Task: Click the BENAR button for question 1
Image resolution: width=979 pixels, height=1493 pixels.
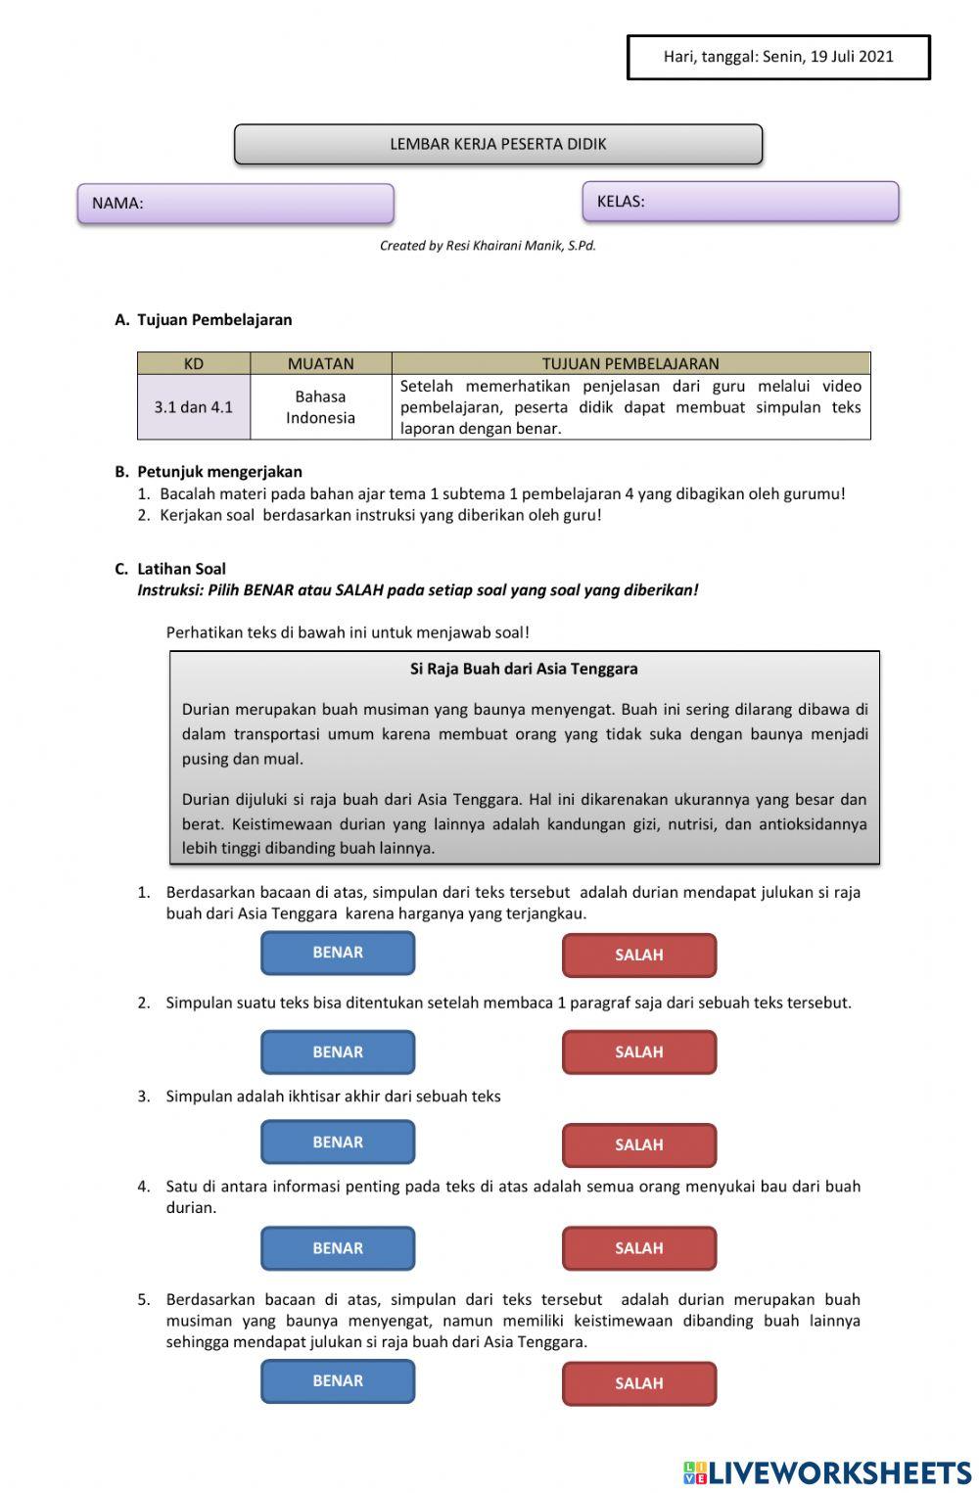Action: point(338,953)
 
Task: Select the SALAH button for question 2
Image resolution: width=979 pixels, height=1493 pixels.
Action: point(638,1052)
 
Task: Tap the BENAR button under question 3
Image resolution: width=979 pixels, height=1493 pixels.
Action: point(338,1143)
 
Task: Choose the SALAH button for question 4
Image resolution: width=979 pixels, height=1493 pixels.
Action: point(638,1248)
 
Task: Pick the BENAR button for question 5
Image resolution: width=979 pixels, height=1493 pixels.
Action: point(338,1381)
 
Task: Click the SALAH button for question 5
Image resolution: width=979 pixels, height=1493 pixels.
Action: point(638,1383)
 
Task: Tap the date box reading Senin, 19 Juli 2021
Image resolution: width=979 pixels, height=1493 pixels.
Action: point(778,57)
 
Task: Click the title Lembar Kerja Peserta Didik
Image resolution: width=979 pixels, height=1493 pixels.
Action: point(498,144)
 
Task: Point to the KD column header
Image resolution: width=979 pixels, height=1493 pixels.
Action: point(194,363)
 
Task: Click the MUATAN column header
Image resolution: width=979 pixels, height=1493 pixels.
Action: point(320,363)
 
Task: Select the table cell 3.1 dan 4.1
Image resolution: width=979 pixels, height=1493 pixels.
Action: point(194,407)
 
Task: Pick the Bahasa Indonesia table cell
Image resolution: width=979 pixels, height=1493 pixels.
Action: point(320,407)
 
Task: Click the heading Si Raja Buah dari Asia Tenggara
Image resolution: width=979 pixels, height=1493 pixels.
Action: point(524,669)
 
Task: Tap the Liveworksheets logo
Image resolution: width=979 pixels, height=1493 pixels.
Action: point(827,1472)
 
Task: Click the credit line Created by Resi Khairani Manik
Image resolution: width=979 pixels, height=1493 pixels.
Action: point(488,246)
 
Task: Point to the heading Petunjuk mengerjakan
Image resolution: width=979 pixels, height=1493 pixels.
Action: point(219,472)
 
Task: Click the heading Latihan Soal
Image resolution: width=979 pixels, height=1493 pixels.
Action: point(181,569)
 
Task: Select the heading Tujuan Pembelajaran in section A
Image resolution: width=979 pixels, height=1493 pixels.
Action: point(214,319)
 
